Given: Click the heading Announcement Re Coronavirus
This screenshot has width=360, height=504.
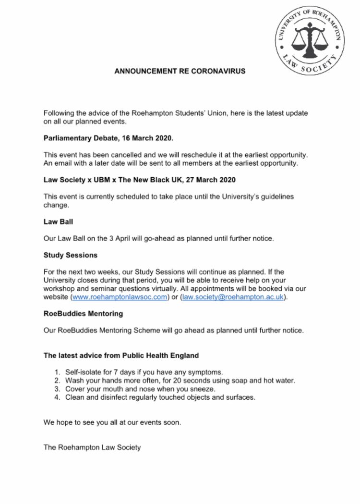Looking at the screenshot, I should (x=180, y=71).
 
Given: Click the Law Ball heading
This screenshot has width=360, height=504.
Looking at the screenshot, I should (x=56, y=223).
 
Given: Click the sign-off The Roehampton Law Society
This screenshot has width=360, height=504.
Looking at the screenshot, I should (x=92, y=448).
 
